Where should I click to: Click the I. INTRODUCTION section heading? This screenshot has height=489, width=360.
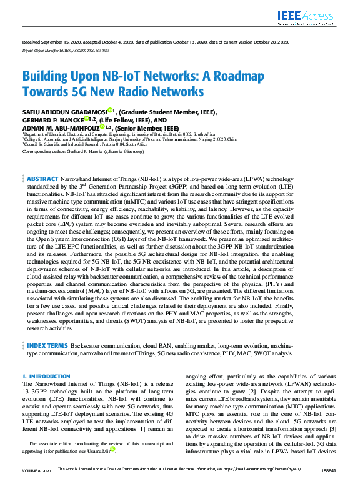coord(46,377)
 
